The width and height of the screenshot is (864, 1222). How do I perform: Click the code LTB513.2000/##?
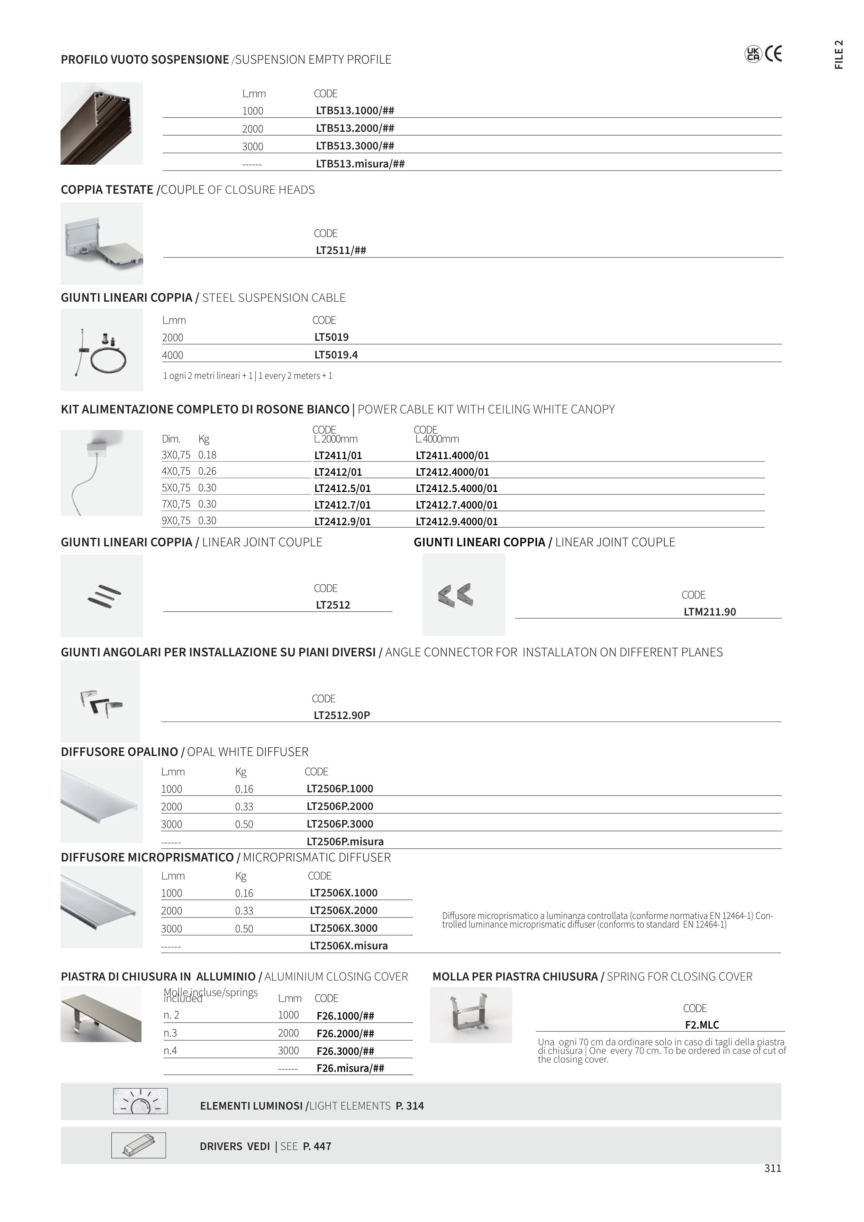coord(355,128)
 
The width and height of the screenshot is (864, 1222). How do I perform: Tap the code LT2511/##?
coord(341,250)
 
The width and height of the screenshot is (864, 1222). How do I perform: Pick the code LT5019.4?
coord(336,355)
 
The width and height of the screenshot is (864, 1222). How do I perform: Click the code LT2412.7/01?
coord(342,505)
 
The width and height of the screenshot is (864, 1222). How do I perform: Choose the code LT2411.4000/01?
coord(452,456)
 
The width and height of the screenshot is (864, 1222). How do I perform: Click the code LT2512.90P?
coord(342,715)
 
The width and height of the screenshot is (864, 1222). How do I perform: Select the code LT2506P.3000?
coord(340,824)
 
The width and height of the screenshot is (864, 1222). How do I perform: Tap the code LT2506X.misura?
coord(349,946)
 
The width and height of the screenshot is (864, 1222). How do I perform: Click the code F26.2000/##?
coord(345,1033)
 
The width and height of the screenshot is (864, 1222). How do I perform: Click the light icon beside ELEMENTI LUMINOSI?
coord(140,1101)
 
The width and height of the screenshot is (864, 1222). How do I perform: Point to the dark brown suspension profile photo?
coord(102,124)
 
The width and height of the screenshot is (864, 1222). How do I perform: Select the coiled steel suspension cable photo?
coord(102,350)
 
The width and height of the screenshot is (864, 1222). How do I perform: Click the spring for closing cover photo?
coord(471,1015)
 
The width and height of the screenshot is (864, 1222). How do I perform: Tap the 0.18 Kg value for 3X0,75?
coord(207,455)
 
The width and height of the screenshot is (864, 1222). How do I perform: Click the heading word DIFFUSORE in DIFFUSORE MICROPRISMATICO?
coord(93,857)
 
